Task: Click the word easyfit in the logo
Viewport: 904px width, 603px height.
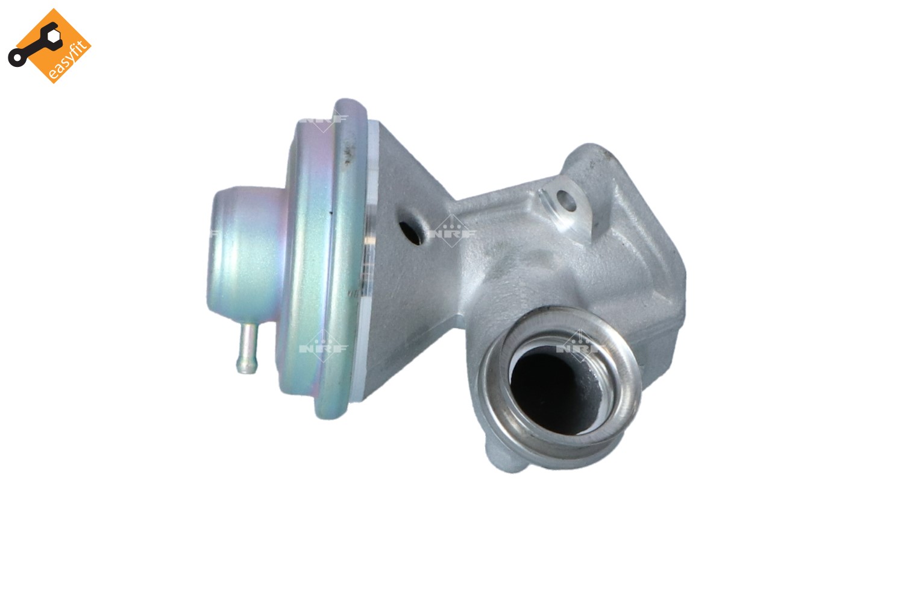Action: click(67, 60)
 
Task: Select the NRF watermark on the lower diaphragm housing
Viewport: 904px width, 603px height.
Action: click(324, 348)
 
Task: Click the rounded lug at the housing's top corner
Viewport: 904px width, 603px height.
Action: click(594, 157)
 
